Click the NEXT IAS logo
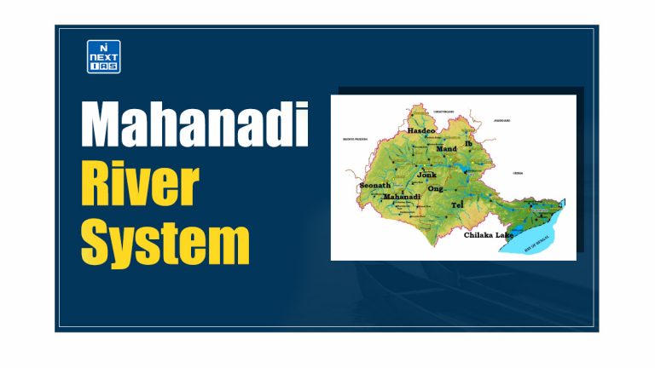coord(104,56)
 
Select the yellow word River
coord(140,183)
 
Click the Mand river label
coord(446,148)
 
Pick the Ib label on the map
coord(468,144)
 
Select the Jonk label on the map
coord(426,175)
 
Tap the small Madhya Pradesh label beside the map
coord(354,138)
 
